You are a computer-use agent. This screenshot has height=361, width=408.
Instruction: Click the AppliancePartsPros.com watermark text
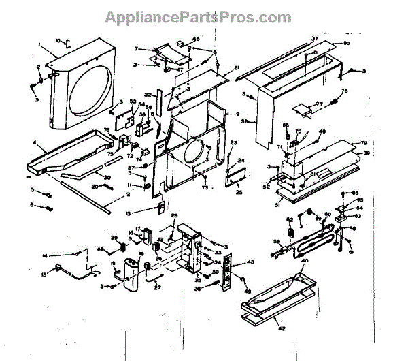pos(203,16)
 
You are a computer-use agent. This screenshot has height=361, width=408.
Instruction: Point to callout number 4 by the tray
pos(34,143)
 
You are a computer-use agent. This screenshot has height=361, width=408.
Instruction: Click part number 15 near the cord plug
pos(46,274)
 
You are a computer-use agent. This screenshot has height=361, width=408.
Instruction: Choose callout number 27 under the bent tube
pos(158,287)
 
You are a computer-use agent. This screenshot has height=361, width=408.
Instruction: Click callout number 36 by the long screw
pos(199,289)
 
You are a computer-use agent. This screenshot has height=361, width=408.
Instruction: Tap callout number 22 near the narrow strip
pos(148,94)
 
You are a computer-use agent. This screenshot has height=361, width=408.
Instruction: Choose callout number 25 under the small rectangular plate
pos(239,193)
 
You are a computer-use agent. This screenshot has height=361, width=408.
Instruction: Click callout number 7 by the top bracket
pos(136,49)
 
